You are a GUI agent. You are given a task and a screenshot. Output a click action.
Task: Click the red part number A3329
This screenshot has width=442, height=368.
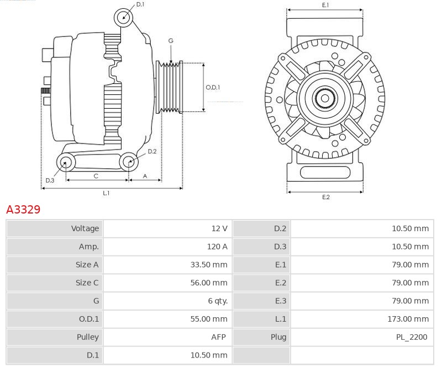23,210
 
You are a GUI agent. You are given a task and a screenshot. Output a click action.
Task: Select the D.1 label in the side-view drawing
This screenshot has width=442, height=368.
140,4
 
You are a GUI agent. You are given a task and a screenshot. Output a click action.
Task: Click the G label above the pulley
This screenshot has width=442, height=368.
171,41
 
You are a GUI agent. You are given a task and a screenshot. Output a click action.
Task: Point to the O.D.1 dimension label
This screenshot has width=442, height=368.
213,87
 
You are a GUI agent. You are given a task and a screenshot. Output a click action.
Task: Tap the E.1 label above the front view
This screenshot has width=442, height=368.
325,5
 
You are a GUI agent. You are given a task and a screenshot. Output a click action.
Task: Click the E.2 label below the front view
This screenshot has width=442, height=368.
325,197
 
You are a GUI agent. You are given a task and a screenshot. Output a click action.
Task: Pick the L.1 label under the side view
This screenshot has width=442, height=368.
106,193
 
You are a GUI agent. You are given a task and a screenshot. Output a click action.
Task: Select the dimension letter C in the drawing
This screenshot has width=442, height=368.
96,176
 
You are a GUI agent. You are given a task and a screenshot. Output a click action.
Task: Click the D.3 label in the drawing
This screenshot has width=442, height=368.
50,180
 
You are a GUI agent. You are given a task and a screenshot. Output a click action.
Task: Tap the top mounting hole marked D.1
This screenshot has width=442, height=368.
124,17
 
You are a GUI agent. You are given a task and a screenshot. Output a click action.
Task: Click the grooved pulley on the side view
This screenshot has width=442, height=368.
171,87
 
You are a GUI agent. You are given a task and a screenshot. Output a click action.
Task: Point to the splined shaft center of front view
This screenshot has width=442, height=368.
325,99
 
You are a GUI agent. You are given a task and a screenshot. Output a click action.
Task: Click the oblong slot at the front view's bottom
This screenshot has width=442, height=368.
325,172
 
